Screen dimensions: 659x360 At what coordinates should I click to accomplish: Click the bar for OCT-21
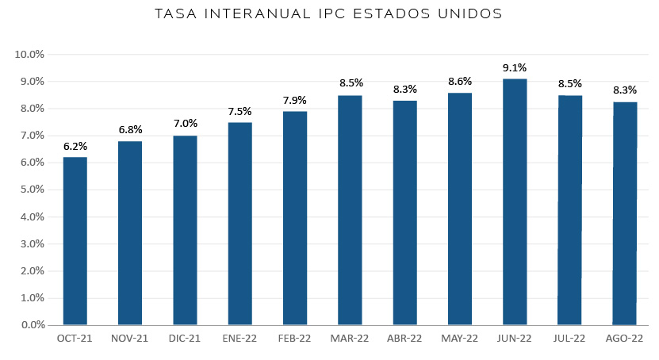[75, 241]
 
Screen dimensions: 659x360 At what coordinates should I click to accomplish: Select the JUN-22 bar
[515, 201]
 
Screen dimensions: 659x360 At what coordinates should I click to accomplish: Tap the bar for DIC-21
[185, 230]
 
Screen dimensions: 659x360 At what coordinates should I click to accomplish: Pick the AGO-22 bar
[625, 213]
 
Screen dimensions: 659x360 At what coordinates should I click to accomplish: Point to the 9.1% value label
[515, 67]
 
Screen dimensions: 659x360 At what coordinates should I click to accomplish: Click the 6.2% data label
[75, 146]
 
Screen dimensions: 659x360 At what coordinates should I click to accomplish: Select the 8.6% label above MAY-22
[460, 82]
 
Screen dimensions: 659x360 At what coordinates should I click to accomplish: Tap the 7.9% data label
[295, 101]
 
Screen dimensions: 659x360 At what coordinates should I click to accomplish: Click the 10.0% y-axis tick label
[29, 54]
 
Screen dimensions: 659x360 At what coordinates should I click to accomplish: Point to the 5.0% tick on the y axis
[32, 190]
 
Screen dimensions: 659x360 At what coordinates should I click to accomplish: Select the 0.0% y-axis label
[32, 325]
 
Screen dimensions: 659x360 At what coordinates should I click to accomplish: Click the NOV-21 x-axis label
[129, 339]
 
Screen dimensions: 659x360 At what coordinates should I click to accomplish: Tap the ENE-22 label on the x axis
[239, 339]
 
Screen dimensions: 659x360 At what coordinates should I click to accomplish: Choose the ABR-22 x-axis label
[404, 339]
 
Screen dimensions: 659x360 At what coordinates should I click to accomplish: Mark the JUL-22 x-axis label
[569, 339]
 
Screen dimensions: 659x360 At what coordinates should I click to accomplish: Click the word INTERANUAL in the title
[257, 13]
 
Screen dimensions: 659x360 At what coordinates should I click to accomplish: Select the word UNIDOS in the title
[470, 13]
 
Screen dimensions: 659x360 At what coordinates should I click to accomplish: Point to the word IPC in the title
[331, 13]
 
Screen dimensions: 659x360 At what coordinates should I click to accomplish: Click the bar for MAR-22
[350, 210]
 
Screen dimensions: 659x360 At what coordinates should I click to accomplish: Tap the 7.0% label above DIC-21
[186, 124]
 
